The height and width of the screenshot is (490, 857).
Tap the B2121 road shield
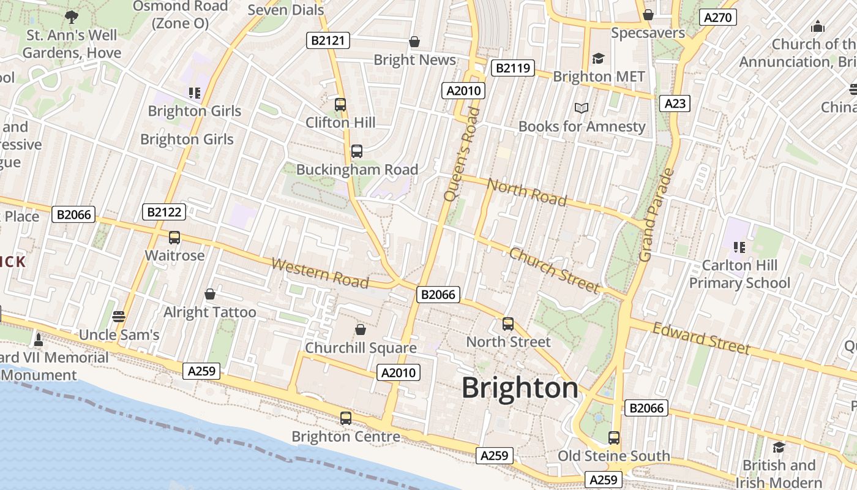click(328, 41)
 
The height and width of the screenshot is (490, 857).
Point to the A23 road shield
click(675, 104)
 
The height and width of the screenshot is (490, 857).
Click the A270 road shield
click(717, 17)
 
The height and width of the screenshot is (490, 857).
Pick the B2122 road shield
click(164, 213)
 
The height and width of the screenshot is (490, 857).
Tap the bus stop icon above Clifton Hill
click(340, 105)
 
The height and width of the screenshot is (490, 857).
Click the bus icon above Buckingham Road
click(357, 151)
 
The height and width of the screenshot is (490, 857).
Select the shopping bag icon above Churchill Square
click(361, 330)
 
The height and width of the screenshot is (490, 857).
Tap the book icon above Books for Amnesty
click(582, 108)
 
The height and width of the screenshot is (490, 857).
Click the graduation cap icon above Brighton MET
click(598, 58)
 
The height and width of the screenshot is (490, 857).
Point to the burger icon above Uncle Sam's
click(119, 317)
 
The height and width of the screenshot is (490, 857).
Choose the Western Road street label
click(320, 273)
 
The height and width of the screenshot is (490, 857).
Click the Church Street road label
click(555, 270)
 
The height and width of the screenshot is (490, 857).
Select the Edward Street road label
click(701, 338)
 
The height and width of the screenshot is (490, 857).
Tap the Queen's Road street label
click(460, 154)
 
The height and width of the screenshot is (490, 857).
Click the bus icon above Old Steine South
click(614, 438)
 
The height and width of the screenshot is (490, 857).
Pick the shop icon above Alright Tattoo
click(210, 295)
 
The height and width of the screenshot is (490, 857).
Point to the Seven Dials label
click(285, 10)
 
